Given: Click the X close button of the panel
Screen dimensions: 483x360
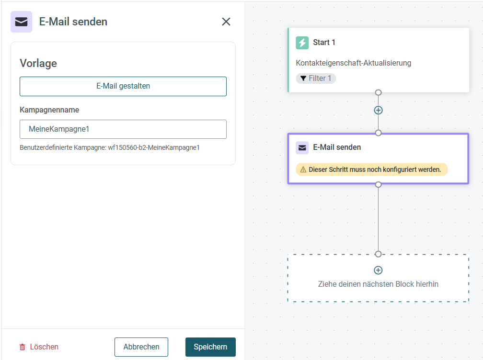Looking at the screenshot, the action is tap(226, 22).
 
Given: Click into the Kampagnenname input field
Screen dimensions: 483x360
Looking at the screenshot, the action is tap(123, 129).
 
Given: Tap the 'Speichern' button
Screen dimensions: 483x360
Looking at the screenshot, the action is tap(210, 347).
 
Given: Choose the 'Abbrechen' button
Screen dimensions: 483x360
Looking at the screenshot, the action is tap(141, 347).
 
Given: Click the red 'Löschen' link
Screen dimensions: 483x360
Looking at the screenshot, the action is tap(44, 347).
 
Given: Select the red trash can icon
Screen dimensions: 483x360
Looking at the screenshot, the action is tap(23, 347).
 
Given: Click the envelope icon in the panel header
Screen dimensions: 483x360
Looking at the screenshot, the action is tap(21, 22).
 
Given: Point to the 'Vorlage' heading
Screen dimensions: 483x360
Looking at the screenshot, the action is tap(38, 63).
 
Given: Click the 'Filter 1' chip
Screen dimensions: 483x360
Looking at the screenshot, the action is tap(316, 78).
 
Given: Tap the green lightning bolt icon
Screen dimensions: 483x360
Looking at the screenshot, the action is tap(302, 43).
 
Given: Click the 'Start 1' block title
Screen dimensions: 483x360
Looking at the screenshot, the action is tap(324, 43).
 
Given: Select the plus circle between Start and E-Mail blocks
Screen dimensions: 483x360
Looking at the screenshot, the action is tap(378, 110).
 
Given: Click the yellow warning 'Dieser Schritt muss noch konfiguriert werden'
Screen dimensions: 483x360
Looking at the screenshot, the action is tap(371, 169).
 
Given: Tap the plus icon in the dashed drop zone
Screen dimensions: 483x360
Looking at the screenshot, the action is tap(378, 270).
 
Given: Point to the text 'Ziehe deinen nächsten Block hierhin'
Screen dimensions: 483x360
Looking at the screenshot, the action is tap(378, 284).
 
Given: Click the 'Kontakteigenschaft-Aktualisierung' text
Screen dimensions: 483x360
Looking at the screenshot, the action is tap(353, 63).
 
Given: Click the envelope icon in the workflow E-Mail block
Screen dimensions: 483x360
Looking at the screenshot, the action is tap(302, 148).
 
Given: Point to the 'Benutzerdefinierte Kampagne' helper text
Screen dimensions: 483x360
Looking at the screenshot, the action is tap(110, 148).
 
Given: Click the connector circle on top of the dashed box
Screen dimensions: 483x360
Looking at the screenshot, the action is tap(378, 254).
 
